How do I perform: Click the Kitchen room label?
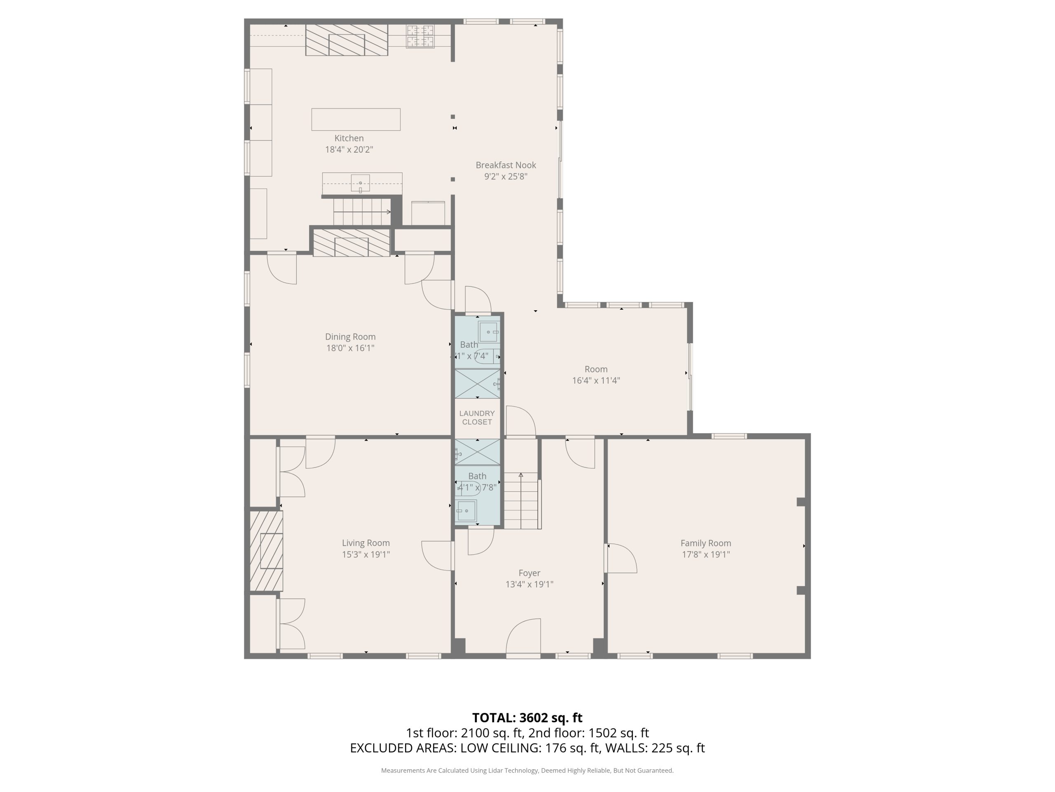click(x=349, y=138)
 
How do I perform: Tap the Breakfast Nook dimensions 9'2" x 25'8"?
click(x=506, y=176)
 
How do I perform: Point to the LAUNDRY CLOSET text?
click(x=477, y=417)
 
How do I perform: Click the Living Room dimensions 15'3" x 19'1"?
click(x=366, y=554)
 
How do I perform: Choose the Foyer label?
click(x=530, y=573)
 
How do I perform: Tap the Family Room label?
click(x=706, y=543)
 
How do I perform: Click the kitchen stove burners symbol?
click(x=420, y=36)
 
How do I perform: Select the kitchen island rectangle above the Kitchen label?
click(x=356, y=119)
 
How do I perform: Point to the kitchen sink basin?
click(x=360, y=183)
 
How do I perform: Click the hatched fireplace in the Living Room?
click(x=266, y=551)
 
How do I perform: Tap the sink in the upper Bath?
click(x=488, y=332)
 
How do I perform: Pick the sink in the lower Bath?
click(x=466, y=511)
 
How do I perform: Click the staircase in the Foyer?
click(x=522, y=500)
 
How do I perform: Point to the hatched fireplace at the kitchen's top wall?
click(x=347, y=40)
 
